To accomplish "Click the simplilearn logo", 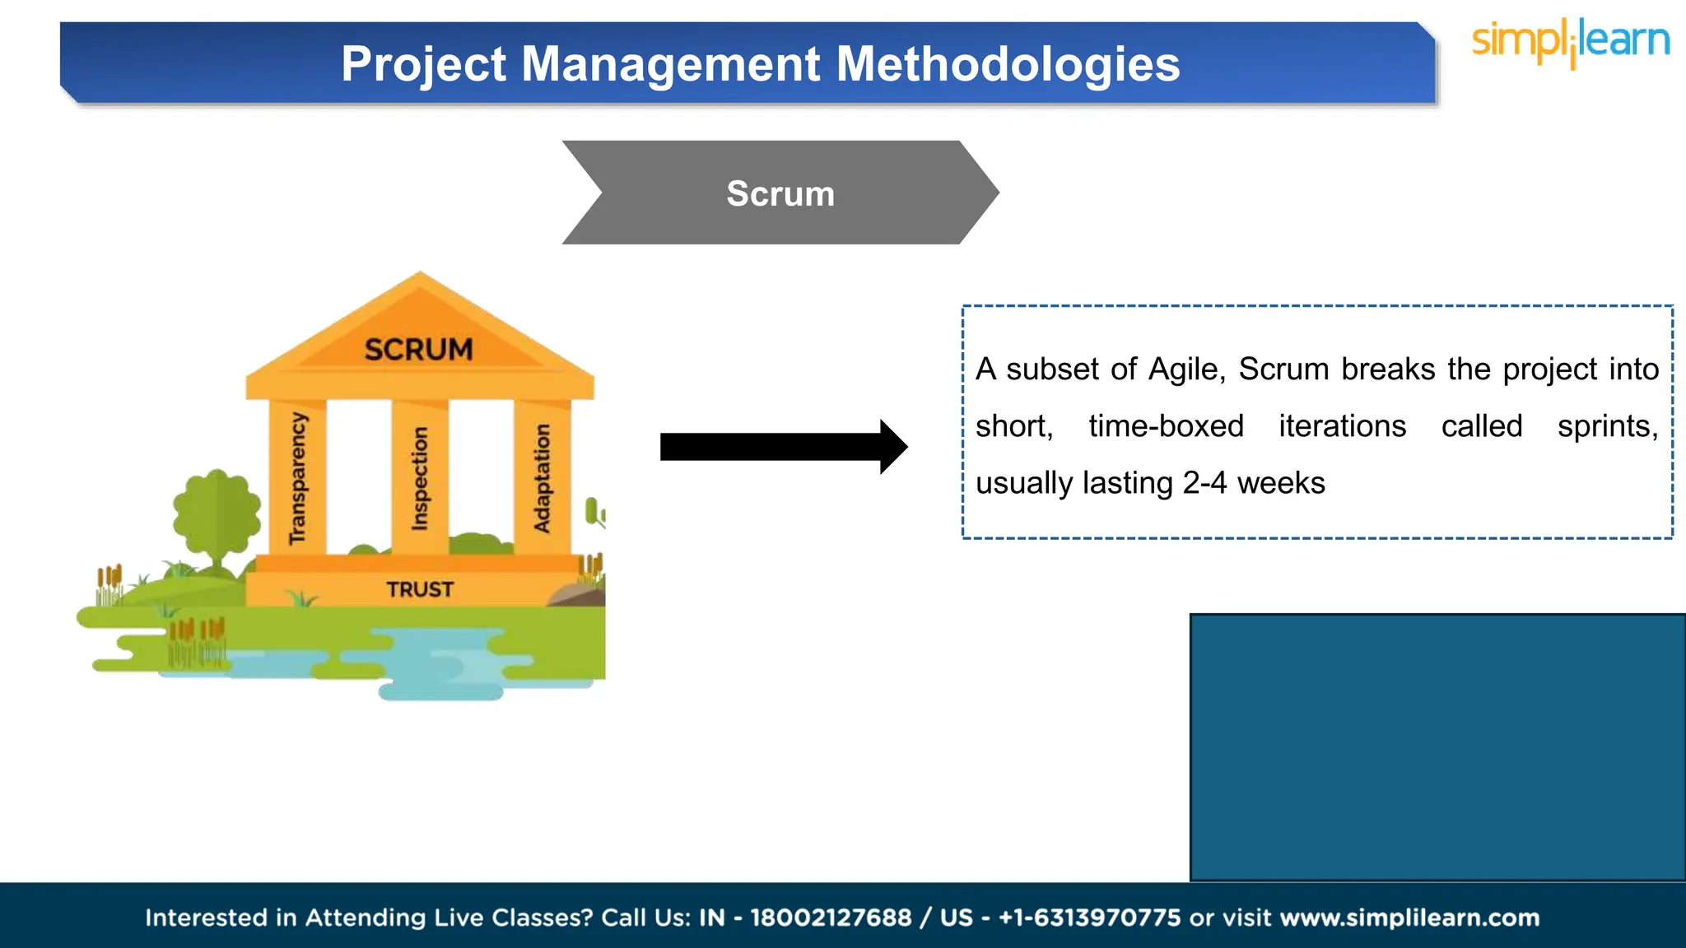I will coord(1570,41).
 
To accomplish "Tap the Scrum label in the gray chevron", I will coord(780,194).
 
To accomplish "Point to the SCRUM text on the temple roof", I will coord(418,350).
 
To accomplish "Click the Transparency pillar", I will coord(297,478).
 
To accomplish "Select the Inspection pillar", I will coord(420,478).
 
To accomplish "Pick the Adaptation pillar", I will coord(542,478).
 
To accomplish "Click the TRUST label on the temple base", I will coord(420,589).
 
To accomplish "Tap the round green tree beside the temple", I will coord(217,514).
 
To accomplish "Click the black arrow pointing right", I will coord(782,447).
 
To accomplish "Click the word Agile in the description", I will coord(1185,369).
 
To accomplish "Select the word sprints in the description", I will coord(1606,426).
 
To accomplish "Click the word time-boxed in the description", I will coord(1166,426).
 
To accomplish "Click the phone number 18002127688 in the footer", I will coord(831,918).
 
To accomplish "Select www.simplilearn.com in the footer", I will coord(1409,918).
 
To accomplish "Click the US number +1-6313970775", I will coord(1089,918).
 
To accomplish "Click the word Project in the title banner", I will coord(424,64).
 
